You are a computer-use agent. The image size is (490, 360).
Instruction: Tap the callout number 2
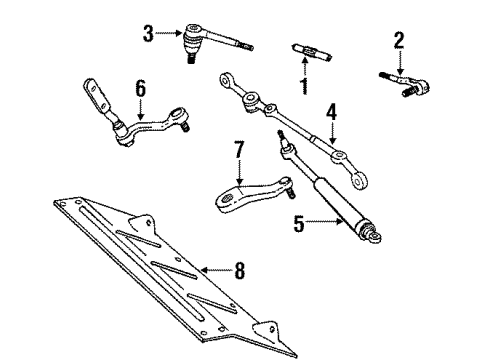[399, 40]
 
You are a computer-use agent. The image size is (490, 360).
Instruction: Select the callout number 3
[149, 34]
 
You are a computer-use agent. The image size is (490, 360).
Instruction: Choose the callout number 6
[141, 88]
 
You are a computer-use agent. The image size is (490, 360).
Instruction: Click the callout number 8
[238, 272]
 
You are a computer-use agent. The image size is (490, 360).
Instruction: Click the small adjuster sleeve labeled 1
[307, 48]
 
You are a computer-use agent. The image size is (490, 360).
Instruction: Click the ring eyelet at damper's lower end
[375, 264]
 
